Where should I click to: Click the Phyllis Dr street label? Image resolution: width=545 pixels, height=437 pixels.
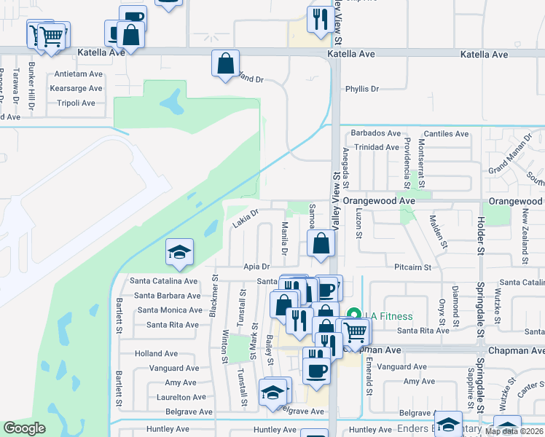click(362, 89)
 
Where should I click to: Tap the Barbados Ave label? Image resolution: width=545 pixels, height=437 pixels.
click(376, 133)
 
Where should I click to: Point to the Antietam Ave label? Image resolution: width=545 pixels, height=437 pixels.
click(76, 74)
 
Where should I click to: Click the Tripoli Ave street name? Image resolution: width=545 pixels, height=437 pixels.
click(76, 103)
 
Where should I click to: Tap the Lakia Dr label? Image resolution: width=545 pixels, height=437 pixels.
click(246, 219)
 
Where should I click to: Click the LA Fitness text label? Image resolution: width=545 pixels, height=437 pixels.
click(389, 316)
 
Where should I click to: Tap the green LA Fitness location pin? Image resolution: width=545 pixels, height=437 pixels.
click(354, 315)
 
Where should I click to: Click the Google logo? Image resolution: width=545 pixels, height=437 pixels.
click(25, 428)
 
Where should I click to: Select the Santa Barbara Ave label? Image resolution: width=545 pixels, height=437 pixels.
click(167, 296)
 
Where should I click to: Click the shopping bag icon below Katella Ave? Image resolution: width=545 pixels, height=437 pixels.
click(226, 64)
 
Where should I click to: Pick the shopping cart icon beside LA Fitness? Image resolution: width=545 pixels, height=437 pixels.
click(356, 332)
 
